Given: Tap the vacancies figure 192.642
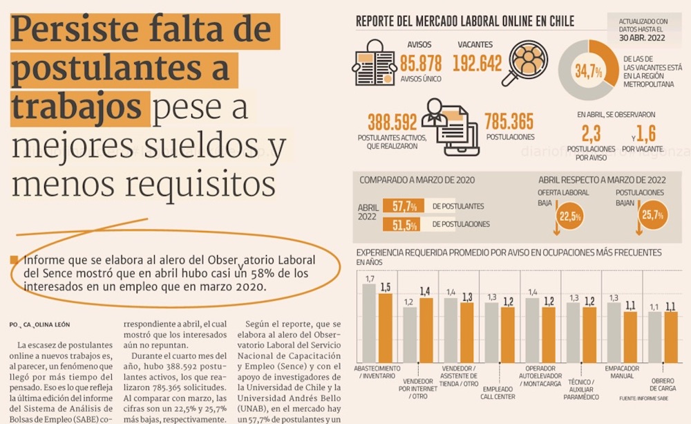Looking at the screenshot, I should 477,63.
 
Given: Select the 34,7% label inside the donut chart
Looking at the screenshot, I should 588,71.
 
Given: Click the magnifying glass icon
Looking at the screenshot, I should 527,62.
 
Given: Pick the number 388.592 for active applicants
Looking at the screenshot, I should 392,122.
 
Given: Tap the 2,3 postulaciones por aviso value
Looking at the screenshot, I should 591,133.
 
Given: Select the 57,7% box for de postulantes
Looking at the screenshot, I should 404,206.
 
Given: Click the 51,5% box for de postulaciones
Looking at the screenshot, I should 404,224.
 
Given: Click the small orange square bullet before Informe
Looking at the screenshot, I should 14,261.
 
